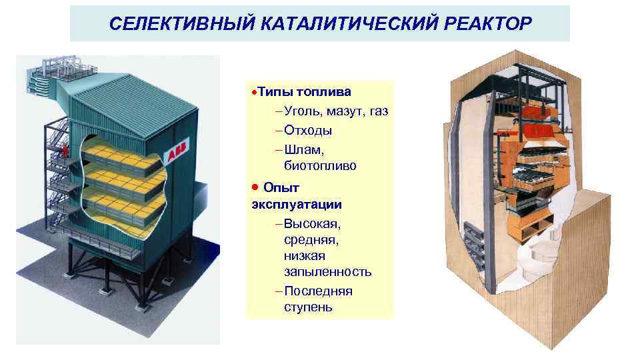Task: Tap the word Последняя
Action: point(318,291)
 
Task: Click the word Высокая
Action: point(313,222)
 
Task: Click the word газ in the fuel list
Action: point(377,111)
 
